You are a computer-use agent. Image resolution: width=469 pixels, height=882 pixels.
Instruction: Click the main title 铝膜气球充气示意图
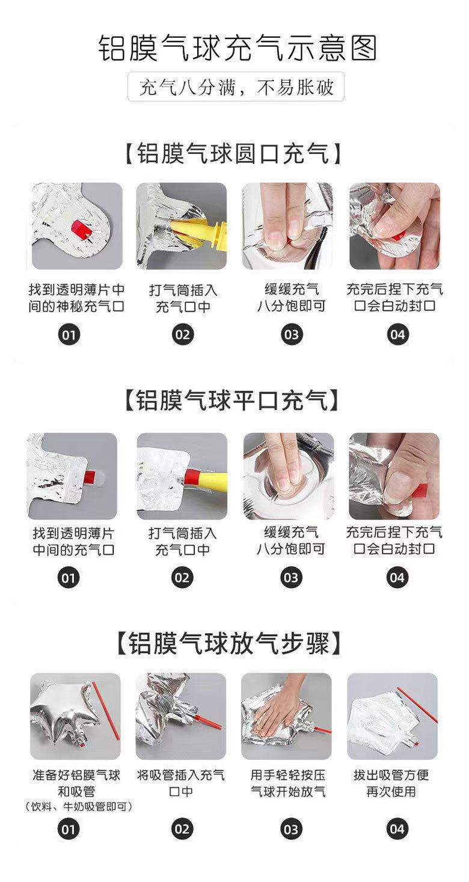[x=238, y=48]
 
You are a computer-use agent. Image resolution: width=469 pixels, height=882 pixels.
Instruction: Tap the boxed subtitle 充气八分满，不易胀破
[x=236, y=87]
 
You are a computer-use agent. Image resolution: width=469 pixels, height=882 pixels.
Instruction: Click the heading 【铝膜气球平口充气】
[x=232, y=400]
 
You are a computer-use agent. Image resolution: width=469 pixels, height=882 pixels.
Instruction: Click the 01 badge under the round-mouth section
[x=69, y=335]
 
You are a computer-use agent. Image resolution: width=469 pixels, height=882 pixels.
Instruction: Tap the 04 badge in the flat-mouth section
[x=397, y=578]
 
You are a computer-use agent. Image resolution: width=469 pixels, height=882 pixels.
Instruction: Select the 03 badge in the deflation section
[x=291, y=829]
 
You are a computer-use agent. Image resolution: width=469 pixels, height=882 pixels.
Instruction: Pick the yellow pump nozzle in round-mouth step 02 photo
[x=197, y=234]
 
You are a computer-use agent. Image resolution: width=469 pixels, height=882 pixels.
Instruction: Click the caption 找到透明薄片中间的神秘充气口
[x=76, y=298]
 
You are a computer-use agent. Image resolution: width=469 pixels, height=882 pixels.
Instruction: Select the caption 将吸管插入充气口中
[x=181, y=783]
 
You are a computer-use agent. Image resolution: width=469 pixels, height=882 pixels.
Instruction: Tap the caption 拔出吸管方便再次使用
[x=391, y=783]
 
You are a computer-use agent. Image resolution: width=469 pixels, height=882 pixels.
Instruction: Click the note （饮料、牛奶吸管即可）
[x=78, y=807]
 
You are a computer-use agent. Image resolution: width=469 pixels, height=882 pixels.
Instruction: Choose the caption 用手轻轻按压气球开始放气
[x=288, y=783]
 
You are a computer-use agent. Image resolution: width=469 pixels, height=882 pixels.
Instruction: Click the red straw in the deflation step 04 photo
[x=417, y=705]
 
